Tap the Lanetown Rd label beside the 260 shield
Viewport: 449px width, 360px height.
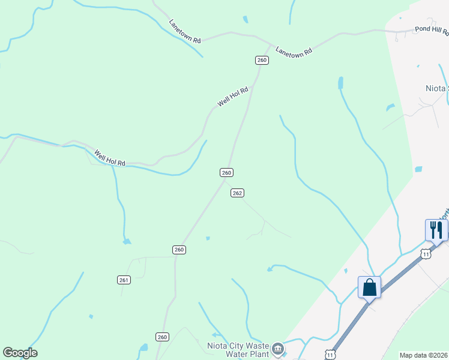pos(294,52)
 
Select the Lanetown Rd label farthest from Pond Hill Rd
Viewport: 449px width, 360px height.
pos(185,31)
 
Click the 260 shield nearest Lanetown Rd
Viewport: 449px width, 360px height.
pos(262,60)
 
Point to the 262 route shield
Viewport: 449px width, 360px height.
pos(237,193)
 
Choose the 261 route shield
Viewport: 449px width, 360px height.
pos(124,280)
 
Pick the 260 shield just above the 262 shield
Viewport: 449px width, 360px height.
pos(226,172)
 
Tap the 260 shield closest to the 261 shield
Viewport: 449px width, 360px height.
pos(179,249)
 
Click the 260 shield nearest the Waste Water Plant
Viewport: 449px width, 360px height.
pos(162,337)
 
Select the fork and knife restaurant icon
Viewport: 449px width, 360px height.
pos(436,230)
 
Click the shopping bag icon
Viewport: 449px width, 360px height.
pos(369,287)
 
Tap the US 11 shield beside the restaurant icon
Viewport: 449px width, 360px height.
pos(426,254)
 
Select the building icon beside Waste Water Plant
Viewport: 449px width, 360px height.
pos(277,349)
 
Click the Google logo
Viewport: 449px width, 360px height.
pos(20,353)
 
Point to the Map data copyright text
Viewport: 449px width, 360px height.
pos(424,355)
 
